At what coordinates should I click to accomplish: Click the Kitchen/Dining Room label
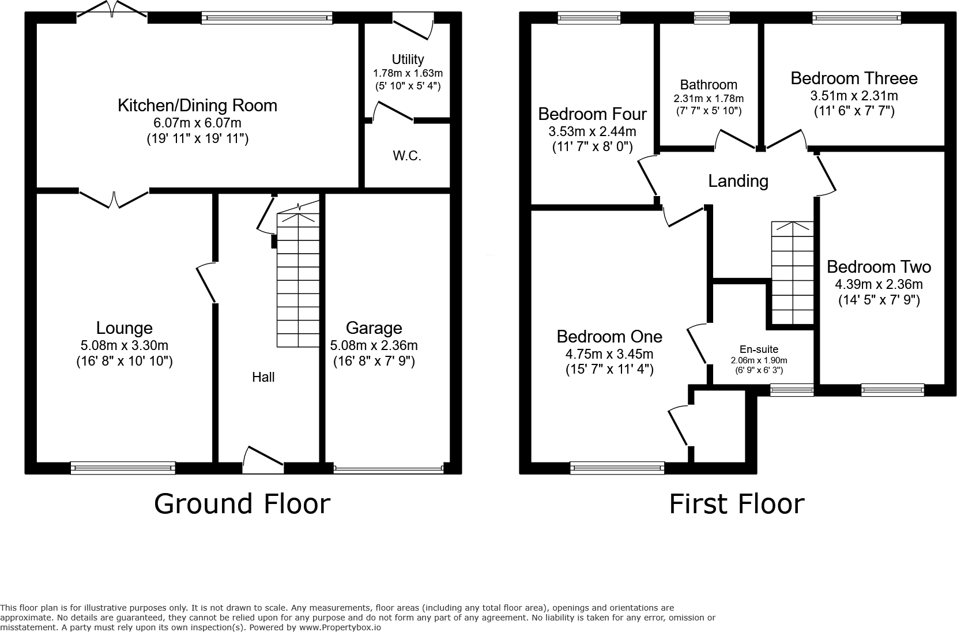[x=197, y=106]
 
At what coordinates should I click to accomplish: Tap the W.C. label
[x=407, y=156]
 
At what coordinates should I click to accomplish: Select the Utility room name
[x=408, y=59]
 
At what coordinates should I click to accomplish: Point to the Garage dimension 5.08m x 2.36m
[x=374, y=346]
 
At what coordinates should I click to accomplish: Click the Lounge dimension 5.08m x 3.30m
[x=125, y=346]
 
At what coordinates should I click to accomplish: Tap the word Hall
[x=263, y=377]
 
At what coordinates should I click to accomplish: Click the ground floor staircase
[x=298, y=280]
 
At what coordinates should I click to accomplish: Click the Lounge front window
[x=123, y=468]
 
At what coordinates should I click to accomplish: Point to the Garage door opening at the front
[x=388, y=468]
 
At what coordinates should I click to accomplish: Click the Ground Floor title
[x=242, y=503]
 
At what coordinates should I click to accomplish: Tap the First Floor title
[x=736, y=503]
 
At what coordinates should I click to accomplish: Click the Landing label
[x=738, y=181]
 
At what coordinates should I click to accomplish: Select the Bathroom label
[x=709, y=85]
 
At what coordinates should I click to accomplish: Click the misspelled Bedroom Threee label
[x=854, y=78]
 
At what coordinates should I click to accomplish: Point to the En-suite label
[x=759, y=349]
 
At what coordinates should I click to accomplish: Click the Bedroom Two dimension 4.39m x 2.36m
[x=879, y=284]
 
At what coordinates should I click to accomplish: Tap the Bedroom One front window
[x=617, y=468]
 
